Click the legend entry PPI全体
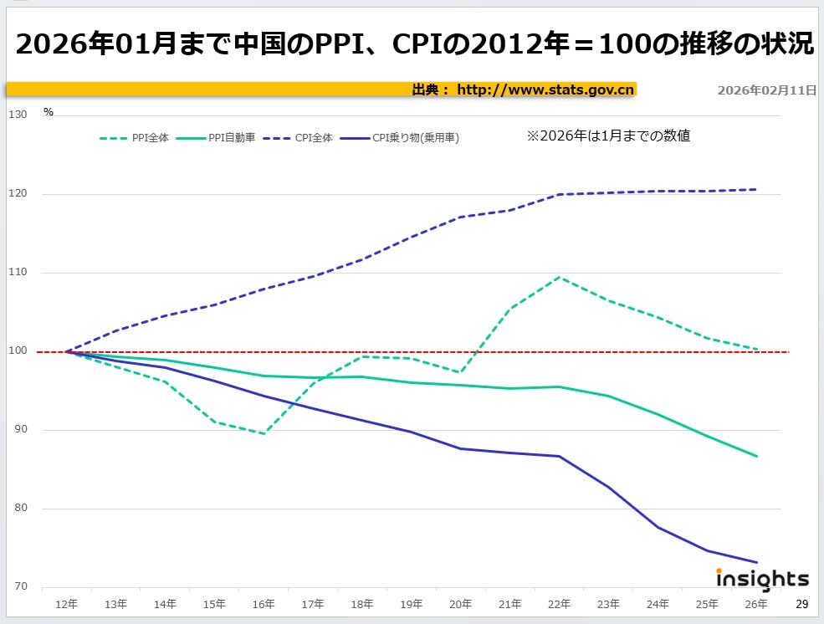click(x=151, y=138)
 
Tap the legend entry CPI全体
click(x=314, y=138)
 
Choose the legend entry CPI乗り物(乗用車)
click(x=415, y=138)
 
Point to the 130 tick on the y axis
click(x=18, y=115)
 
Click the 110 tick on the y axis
click(x=18, y=273)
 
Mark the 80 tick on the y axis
click(x=18, y=509)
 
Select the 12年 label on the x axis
click(x=66, y=604)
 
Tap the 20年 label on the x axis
click(x=460, y=604)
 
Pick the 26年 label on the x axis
click(x=756, y=604)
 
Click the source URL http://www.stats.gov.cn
click(x=545, y=90)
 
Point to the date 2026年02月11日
click(x=766, y=90)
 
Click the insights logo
click(x=762, y=579)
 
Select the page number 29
click(x=801, y=604)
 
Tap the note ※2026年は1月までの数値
click(x=608, y=136)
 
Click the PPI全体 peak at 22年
click(x=559, y=277)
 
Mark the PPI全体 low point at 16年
click(x=264, y=433)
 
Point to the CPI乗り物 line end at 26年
click(x=756, y=562)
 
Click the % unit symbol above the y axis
click(x=49, y=112)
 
